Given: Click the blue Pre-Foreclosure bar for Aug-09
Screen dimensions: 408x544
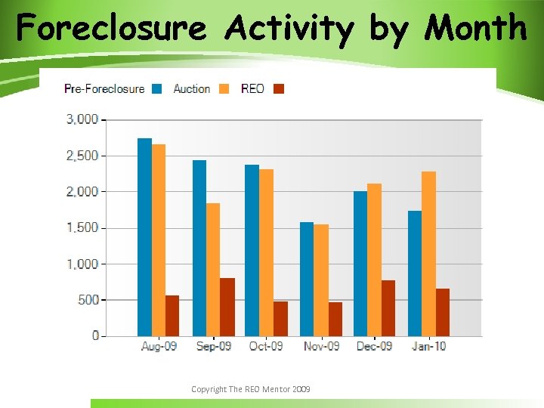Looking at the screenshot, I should tap(144, 237).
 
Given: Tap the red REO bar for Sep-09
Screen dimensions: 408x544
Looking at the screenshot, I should tap(227, 307).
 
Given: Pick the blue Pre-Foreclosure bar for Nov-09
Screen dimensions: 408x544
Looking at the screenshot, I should tap(307, 279).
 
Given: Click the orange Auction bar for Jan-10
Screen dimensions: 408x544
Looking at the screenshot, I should tap(428, 254).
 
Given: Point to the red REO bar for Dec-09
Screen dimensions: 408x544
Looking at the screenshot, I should tap(388, 308).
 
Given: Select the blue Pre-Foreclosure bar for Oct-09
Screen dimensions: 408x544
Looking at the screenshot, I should tap(252, 250).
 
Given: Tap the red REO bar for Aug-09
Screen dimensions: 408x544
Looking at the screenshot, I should tap(172, 316).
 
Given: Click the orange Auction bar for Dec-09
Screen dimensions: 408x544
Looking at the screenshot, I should tap(374, 260).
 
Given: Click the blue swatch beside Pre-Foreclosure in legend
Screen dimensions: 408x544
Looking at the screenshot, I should tap(157, 89).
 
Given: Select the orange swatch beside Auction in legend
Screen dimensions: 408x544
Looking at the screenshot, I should tap(224, 89).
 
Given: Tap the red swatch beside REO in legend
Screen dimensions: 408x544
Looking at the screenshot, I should tap(278, 89).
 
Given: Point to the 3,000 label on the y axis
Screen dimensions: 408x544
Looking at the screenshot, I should tap(82, 119).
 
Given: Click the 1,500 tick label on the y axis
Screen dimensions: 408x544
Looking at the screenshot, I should tap(82, 227).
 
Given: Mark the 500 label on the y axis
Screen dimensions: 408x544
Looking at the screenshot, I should tap(89, 300).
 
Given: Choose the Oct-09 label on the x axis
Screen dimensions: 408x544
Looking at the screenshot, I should tap(266, 346).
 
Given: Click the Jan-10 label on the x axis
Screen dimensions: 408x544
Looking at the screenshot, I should tap(428, 346).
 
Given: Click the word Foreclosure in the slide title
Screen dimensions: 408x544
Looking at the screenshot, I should tap(111, 29).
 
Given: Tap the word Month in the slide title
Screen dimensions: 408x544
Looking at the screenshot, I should tap(475, 29).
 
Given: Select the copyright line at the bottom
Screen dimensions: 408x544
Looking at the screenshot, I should tap(250, 389).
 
